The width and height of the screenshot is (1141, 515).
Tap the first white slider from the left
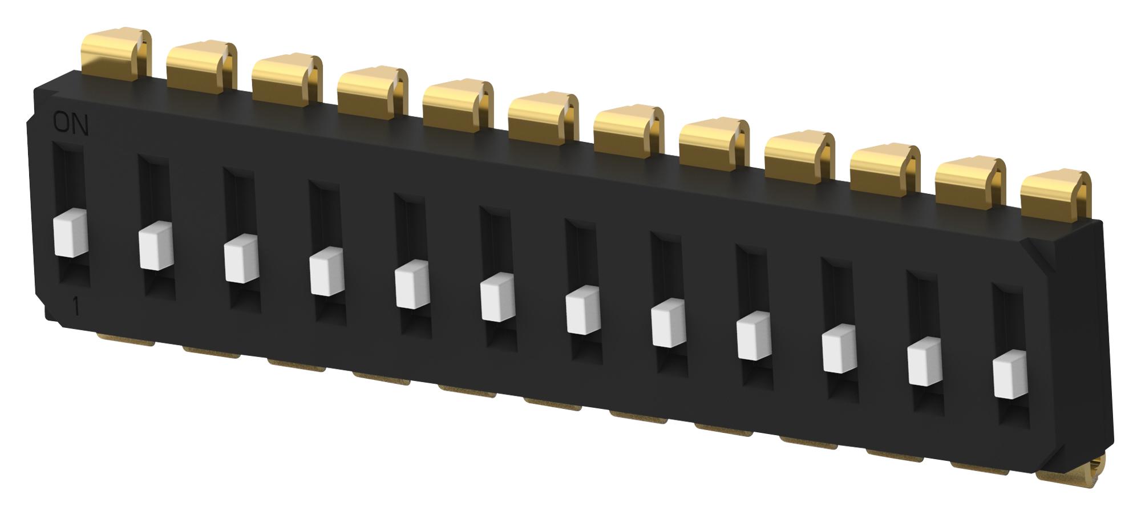pyautogui.click(x=70, y=236)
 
